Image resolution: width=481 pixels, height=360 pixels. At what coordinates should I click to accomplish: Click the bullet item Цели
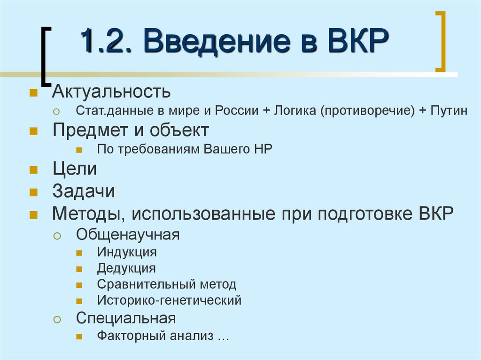tap(75, 169)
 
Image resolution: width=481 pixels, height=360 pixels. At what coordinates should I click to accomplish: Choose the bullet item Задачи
tap(83, 191)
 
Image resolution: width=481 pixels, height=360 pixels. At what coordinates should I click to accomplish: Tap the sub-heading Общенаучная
tap(128, 234)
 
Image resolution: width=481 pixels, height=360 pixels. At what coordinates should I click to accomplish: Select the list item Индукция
tap(127, 252)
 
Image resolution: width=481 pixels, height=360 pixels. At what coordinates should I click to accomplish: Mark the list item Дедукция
tap(126, 268)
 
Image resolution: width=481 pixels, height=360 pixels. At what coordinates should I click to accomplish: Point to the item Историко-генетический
tap(169, 300)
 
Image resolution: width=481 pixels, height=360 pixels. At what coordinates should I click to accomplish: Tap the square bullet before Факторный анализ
tap(79, 337)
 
